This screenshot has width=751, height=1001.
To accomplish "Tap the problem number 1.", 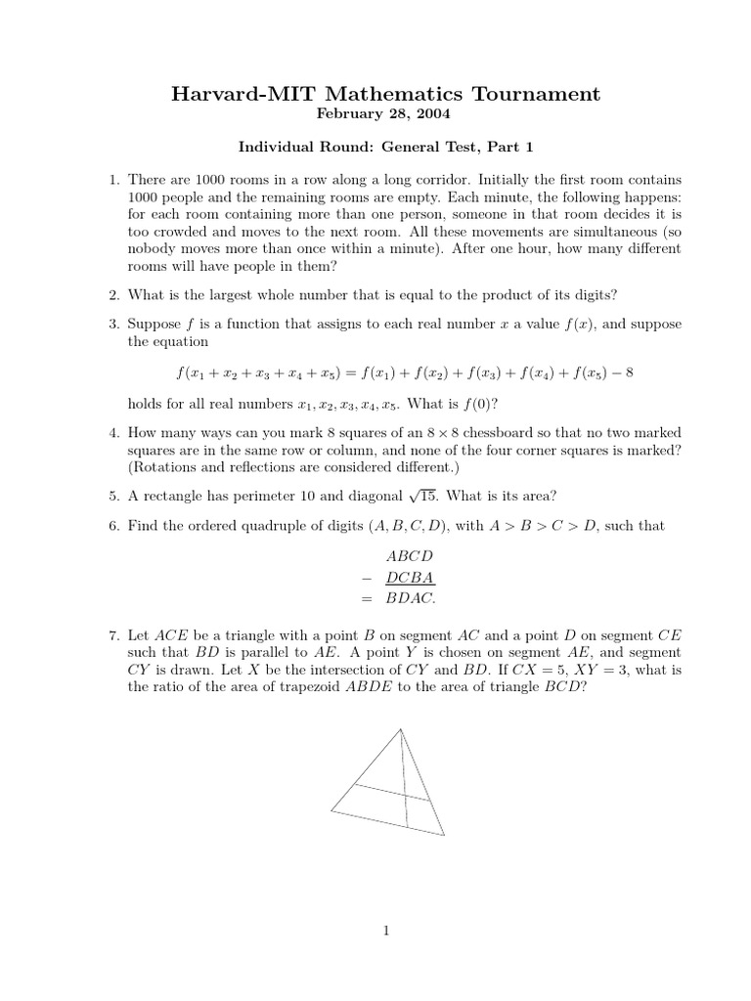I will (x=113, y=181).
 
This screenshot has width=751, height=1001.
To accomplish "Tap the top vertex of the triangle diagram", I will (x=400, y=729).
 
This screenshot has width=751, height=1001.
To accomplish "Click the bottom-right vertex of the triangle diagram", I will (x=444, y=836).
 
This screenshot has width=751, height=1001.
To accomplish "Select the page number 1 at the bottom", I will (x=386, y=932).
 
